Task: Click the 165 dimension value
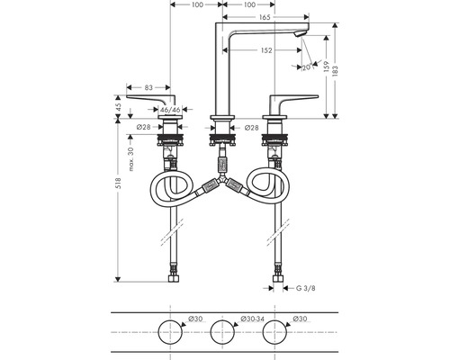pos(265,17)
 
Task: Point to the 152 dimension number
pos(266,50)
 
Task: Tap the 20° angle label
pos(307,67)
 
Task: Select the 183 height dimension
pos(336,70)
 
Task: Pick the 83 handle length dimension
pos(148,87)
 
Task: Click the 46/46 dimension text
pos(170,110)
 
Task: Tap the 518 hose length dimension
pos(118,184)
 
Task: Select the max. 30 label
pos(130,159)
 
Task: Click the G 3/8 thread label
pos(306,288)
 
